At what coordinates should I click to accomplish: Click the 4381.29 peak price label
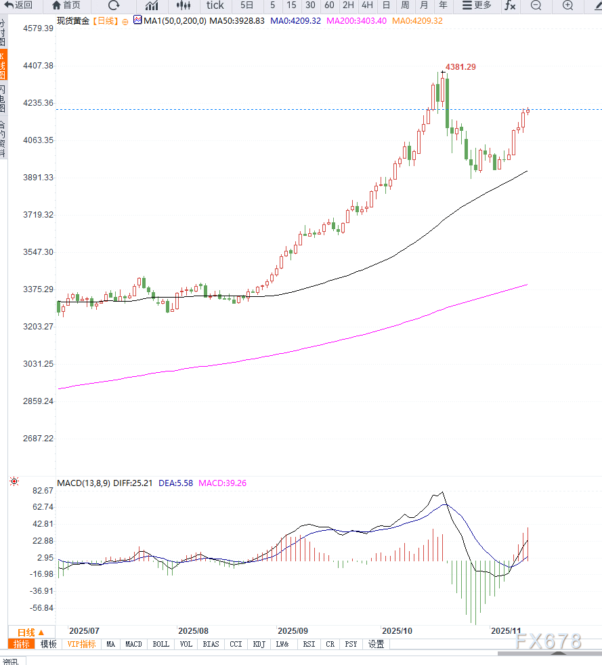point(460,67)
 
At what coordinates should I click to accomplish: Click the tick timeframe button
point(215,5)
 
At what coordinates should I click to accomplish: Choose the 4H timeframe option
point(366,5)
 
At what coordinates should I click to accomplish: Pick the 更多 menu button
point(477,5)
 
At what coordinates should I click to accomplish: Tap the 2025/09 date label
point(293,630)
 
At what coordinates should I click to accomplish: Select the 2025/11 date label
point(505,630)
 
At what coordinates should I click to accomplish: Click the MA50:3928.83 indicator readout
point(236,21)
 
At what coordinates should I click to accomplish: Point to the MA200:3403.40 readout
point(356,21)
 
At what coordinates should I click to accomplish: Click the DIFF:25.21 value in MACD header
point(133,483)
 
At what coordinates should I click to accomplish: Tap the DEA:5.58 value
point(175,483)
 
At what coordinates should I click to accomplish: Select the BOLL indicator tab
point(160,644)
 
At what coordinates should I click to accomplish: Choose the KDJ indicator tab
point(259,644)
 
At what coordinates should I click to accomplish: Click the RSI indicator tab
point(309,644)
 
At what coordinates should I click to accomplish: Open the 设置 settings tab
point(376,644)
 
